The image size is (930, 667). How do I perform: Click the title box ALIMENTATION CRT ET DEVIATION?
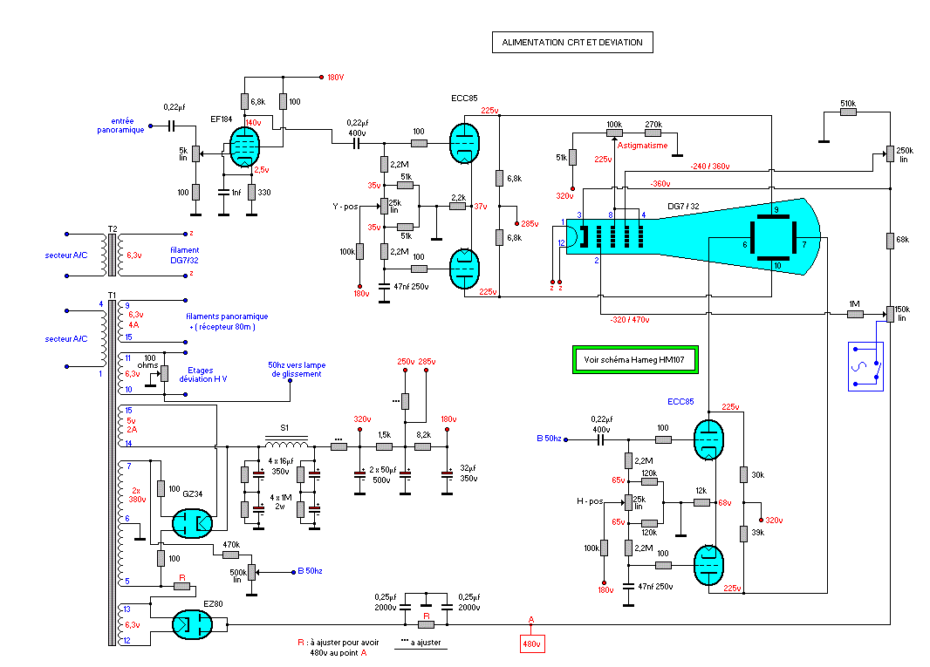[571, 42]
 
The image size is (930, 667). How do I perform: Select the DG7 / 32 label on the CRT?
[682, 205]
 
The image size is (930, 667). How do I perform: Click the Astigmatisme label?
[642, 146]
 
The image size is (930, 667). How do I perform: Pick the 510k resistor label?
[847, 104]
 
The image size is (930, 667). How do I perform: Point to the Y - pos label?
[346, 207]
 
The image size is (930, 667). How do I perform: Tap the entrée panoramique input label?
[120, 125]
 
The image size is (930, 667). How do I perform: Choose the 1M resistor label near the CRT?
[855, 303]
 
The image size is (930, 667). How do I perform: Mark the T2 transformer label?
[113, 228]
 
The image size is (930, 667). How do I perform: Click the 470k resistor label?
[230, 544]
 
